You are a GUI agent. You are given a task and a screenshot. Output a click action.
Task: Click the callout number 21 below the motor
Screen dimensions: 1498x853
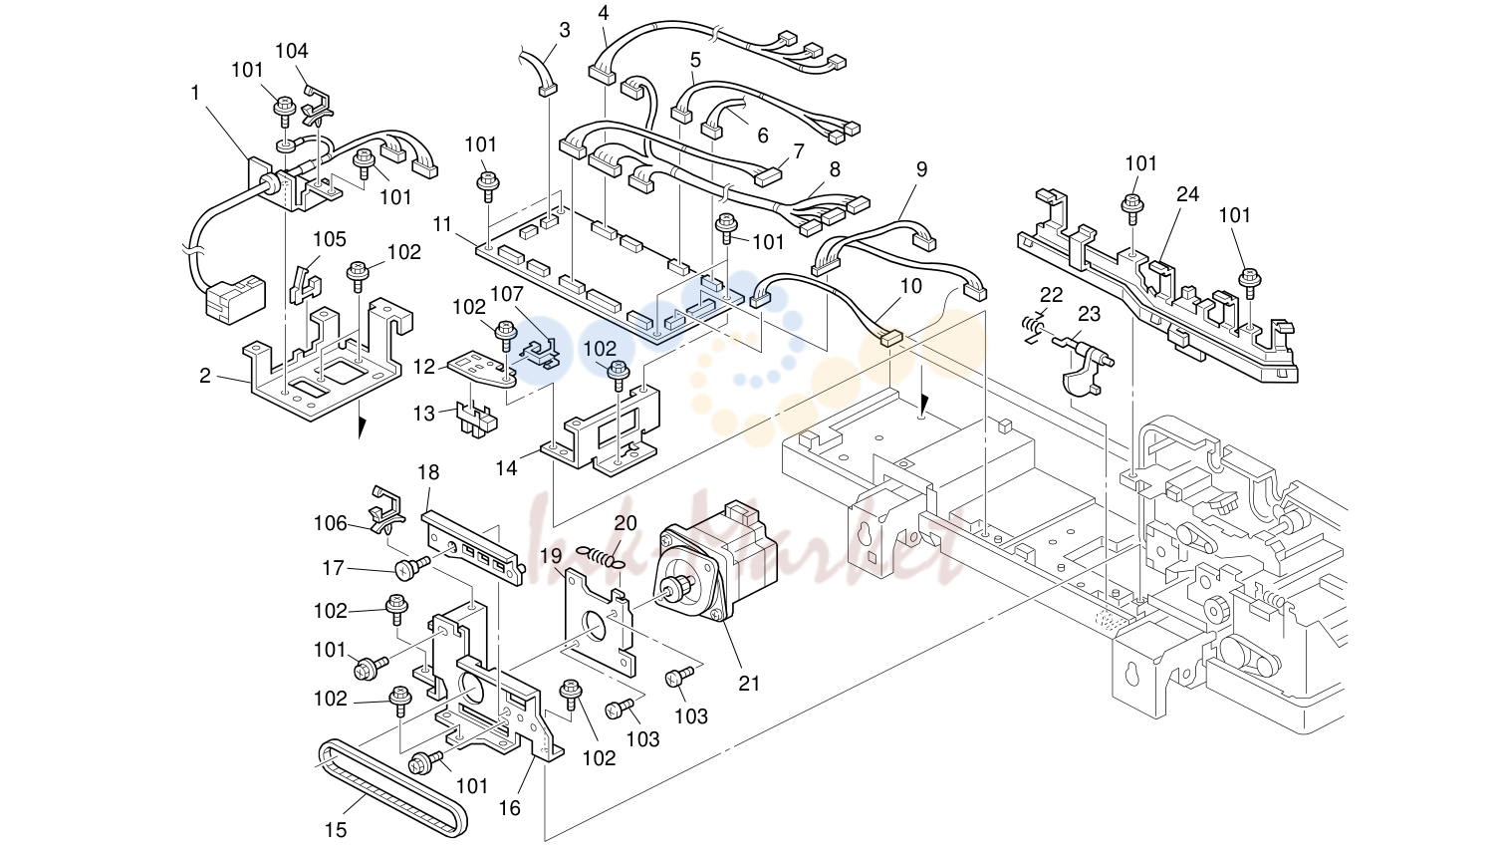click(x=749, y=683)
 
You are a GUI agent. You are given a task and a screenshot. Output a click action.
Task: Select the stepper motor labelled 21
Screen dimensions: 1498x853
click(x=718, y=561)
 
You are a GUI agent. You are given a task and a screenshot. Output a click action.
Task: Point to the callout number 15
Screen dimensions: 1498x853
click(x=336, y=830)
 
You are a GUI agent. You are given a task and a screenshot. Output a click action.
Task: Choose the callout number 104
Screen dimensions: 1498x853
click(x=292, y=51)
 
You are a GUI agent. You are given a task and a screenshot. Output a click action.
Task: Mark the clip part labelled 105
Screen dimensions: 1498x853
click(x=306, y=285)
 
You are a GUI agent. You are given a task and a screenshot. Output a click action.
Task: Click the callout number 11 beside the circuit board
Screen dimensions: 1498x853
click(x=442, y=224)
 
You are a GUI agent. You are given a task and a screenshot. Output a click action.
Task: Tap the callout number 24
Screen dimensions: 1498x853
click(x=1187, y=194)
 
